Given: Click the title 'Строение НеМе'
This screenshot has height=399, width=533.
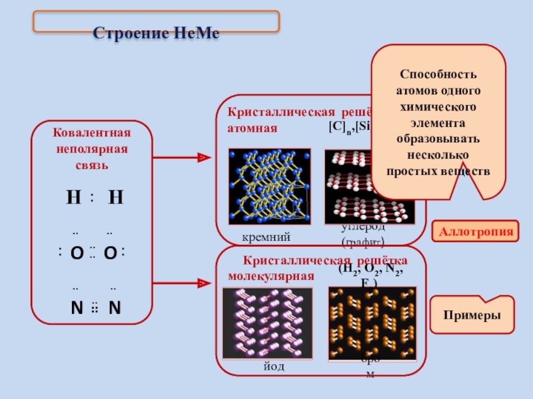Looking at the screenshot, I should (155, 33).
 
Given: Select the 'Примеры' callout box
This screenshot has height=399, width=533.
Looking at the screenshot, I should (474, 317).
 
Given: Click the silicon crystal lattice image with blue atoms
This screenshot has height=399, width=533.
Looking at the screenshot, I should (269, 186).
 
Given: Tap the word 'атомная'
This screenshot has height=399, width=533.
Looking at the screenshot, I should (252, 128).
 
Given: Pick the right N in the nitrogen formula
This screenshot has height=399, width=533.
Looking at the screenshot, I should (115, 309).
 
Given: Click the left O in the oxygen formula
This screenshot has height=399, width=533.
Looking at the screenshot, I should (77, 253).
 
